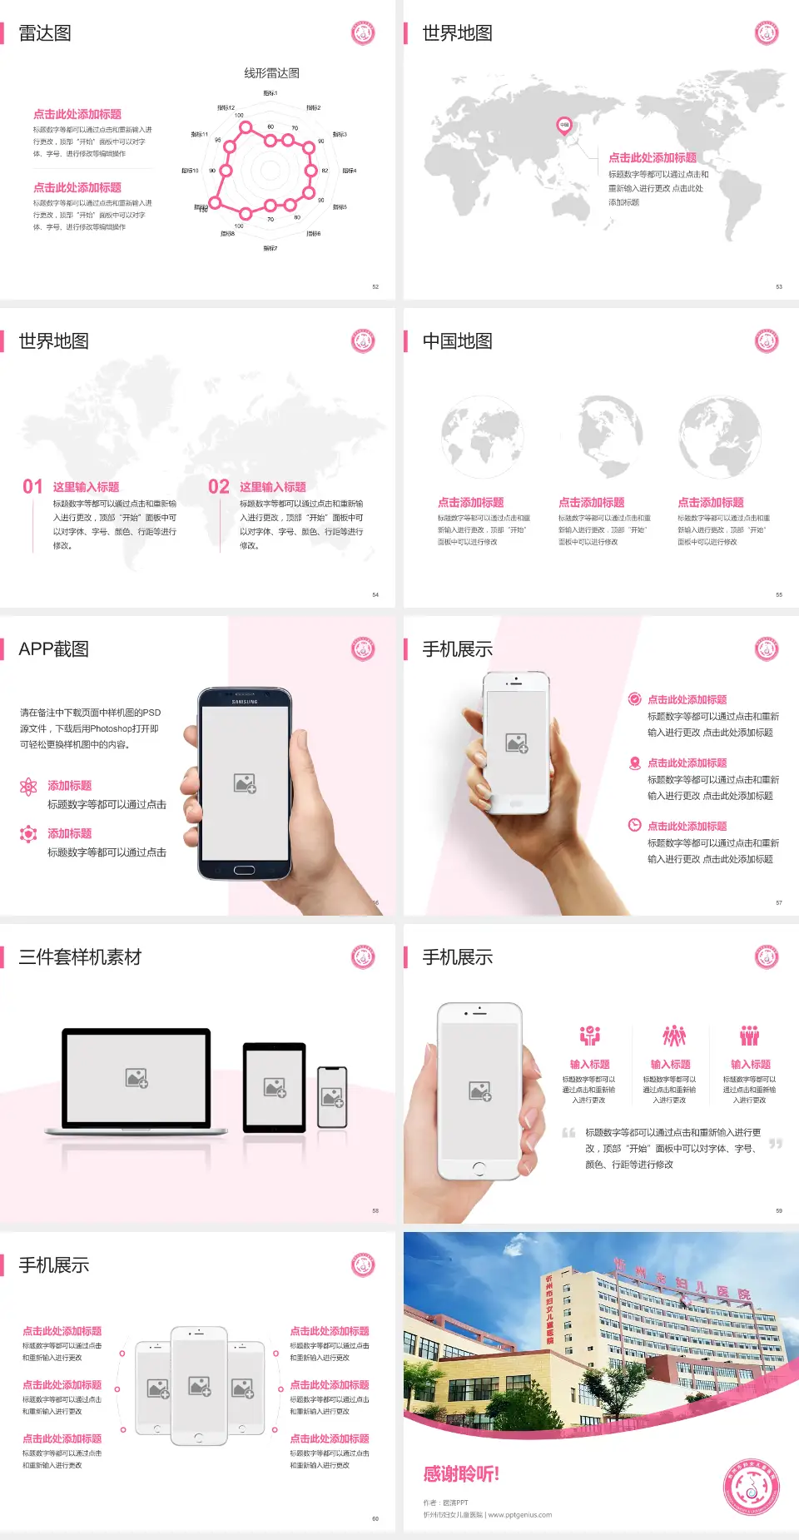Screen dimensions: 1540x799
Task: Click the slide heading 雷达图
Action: (x=45, y=33)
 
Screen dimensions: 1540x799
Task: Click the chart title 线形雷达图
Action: (x=271, y=73)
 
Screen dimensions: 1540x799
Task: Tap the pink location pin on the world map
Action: (x=563, y=126)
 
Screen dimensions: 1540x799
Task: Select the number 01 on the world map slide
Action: (x=32, y=487)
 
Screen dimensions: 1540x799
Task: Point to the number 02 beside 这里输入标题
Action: (x=219, y=487)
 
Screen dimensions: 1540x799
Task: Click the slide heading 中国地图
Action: (x=457, y=341)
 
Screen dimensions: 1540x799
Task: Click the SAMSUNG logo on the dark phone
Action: (x=245, y=702)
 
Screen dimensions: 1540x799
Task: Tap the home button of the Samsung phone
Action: (x=244, y=870)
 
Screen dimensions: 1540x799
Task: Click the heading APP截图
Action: (x=54, y=649)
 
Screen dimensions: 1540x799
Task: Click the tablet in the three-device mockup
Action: (x=275, y=1087)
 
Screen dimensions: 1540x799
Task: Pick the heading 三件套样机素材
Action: (x=80, y=957)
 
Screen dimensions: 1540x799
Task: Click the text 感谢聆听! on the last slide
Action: (x=461, y=1474)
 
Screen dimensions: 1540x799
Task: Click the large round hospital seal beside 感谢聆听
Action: (x=752, y=1488)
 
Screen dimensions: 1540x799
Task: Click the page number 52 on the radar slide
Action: (x=375, y=286)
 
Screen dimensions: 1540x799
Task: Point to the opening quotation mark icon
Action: (x=568, y=1133)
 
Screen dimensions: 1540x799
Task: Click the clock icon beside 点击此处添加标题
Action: (x=634, y=825)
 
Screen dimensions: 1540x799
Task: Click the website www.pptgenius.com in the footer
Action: (x=520, y=1515)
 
